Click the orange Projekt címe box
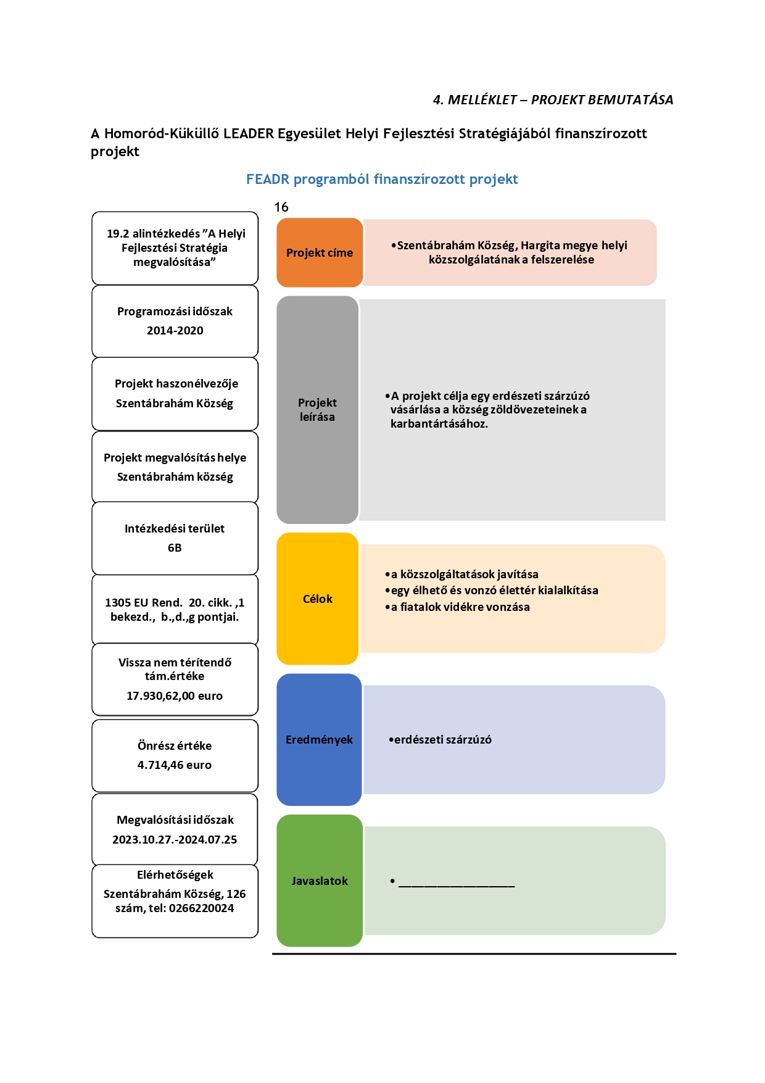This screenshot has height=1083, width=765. pos(320,252)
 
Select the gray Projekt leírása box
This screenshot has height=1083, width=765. pos(318,410)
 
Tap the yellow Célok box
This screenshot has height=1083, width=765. pos(318,599)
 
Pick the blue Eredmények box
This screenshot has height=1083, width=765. pos(319,739)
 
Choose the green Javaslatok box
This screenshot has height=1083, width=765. pos(320,881)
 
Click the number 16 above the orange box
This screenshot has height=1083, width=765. pos(281,207)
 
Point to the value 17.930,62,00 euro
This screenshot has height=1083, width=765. pos(175,696)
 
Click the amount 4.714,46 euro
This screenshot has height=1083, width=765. pos(175,765)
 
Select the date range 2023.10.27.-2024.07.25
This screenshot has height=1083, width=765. pos(175,840)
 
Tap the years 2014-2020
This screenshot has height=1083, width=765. pos(175,331)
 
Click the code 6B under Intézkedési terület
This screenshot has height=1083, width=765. pos(175,548)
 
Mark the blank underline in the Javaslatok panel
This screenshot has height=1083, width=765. pos(457,886)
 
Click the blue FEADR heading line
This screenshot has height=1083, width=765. pos(382,180)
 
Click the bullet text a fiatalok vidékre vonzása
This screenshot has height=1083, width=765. pos(460,607)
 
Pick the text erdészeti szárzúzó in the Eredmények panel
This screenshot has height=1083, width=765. pos(443,740)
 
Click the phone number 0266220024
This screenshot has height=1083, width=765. pos(202,908)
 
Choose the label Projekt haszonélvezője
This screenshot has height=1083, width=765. pos(176,384)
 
